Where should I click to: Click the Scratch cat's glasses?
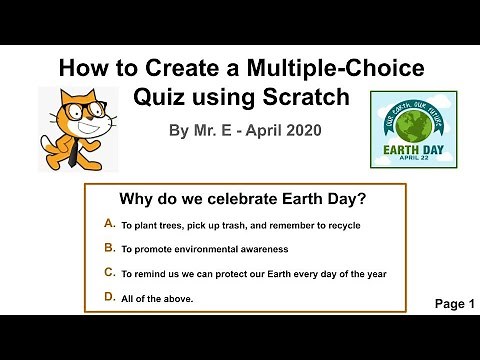pos(66,111)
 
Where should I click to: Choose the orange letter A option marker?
pos(109,224)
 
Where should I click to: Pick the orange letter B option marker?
pos(109,248)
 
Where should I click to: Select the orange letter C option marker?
pos(109,272)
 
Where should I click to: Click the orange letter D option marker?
pos(109,297)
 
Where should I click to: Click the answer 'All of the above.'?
pos(157,298)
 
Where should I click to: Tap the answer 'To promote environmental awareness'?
pos(205,249)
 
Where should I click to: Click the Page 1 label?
pos(455,304)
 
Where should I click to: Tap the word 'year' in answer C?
pos(376,274)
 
